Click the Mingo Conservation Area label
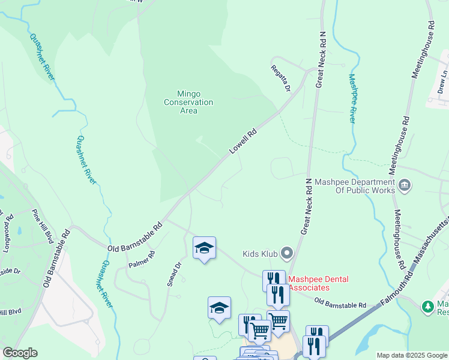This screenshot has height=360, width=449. [188, 102]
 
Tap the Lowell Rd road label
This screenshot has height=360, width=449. [243, 142]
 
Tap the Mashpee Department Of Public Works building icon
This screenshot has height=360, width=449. [405, 185]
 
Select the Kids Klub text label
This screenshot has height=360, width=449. [260, 254]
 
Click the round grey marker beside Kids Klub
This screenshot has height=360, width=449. [286, 254]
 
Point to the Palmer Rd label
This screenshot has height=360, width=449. [142, 259]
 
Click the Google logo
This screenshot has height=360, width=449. [20, 353]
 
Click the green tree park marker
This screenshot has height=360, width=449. [428, 307]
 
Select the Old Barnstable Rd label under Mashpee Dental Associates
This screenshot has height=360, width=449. [340, 304]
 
